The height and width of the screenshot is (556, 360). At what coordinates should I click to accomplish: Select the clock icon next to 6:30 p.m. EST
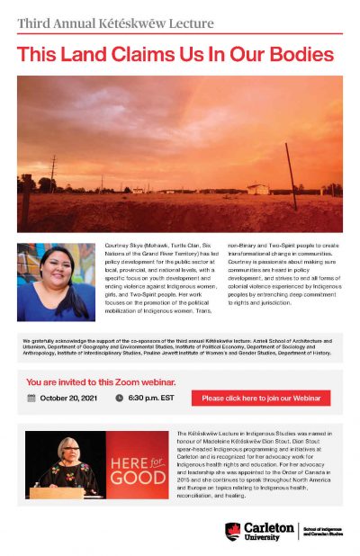[119, 398]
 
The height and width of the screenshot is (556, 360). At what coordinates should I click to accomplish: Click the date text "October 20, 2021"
[67, 398]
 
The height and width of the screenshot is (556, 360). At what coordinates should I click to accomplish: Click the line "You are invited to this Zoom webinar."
[101, 381]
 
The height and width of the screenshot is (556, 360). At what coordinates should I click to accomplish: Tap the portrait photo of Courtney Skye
[55, 281]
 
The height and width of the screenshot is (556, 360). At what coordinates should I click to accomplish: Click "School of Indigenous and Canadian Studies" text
[322, 530]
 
